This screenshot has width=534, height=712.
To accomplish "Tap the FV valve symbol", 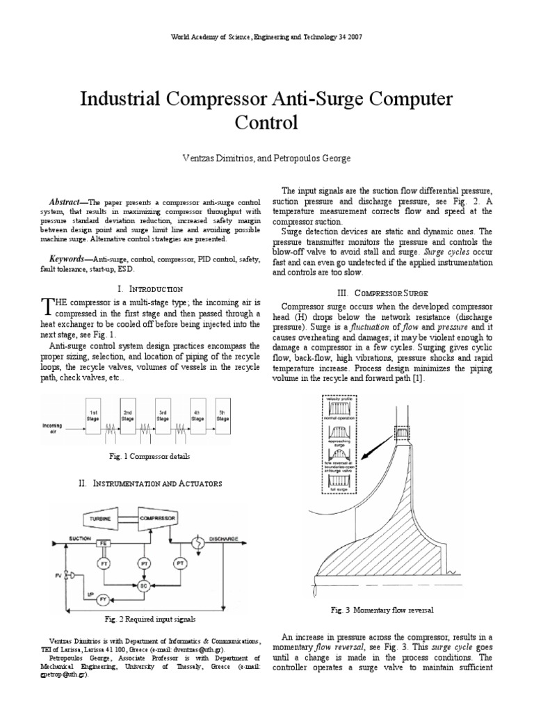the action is (67, 575).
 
